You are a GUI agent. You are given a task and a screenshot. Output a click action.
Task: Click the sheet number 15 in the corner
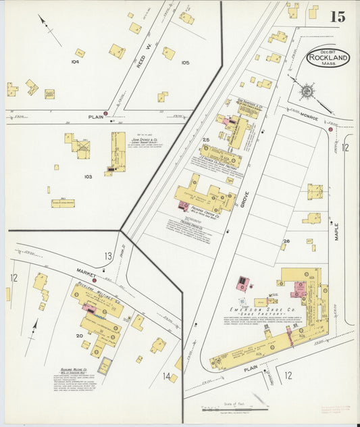pos(337,16)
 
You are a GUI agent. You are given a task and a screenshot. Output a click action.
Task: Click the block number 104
pos(75,61)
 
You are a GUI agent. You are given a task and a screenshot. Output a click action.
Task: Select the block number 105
pos(185,63)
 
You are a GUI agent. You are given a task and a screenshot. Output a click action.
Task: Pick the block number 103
pos(87,176)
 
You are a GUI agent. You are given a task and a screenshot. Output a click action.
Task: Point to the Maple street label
pos(336,232)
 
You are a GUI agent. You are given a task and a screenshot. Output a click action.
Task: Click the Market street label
pos(86,272)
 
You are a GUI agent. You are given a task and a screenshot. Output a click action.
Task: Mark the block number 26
pos(286,241)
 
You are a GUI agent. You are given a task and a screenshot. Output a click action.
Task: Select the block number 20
pos(79,336)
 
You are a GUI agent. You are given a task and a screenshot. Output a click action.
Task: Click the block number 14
pos(166,376)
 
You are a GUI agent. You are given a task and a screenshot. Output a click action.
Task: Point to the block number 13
pos(108,255)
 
